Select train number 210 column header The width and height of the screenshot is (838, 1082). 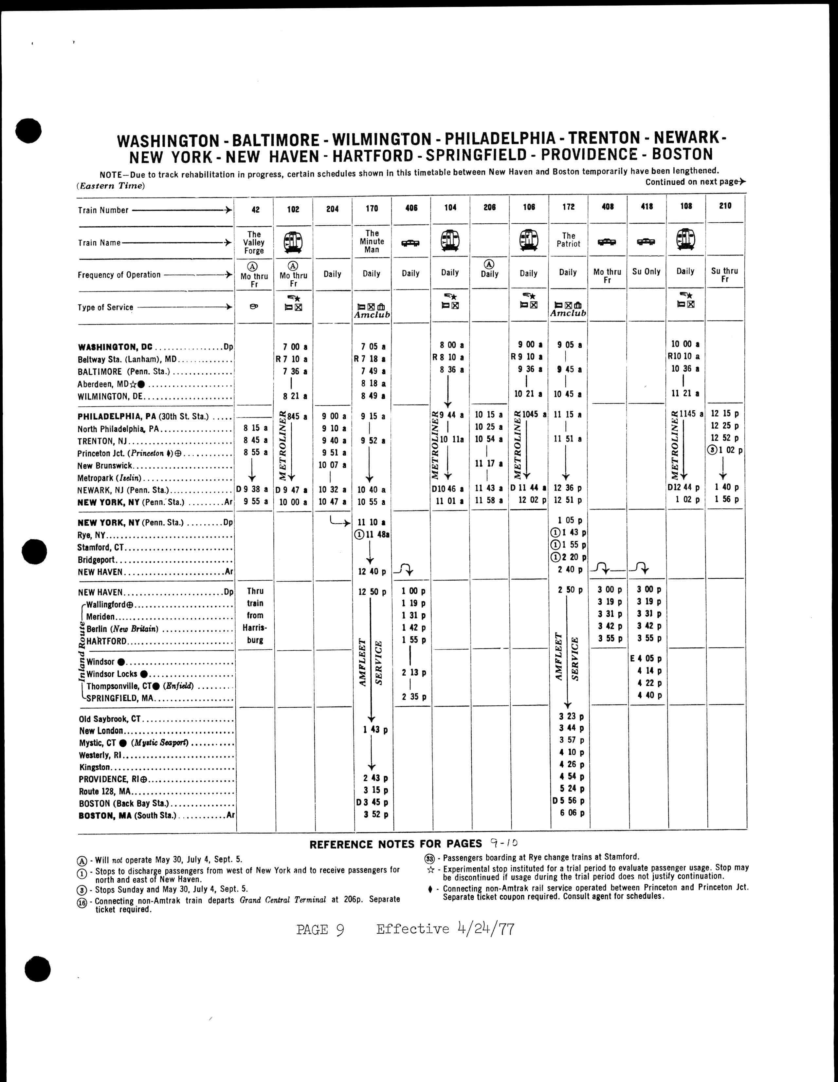tap(725, 206)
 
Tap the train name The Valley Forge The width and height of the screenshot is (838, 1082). tap(254, 242)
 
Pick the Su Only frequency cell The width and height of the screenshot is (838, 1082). tap(646, 271)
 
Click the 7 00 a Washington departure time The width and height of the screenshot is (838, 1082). tap(296, 347)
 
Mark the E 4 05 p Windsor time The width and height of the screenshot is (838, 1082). tap(646, 659)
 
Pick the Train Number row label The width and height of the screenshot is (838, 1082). tap(103, 210)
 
